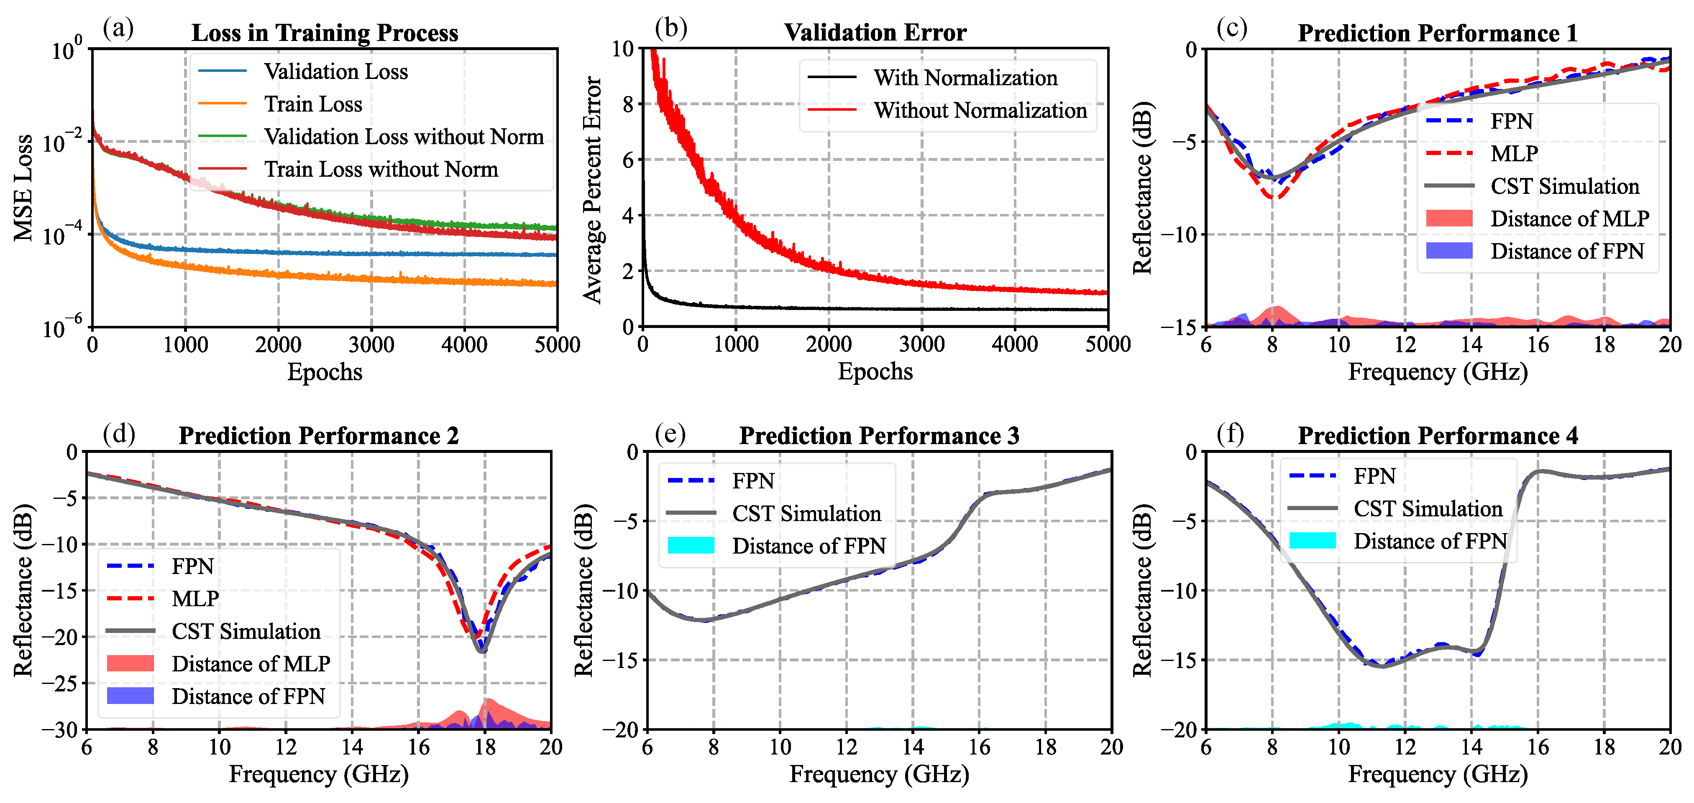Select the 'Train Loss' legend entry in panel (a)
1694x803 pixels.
[312, 104]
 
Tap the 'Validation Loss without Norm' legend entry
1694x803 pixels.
[403, 137]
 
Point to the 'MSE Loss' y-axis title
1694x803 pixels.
[24, 188]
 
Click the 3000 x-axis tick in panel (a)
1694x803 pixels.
[371, 344]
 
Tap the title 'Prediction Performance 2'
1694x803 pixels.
[318, 436]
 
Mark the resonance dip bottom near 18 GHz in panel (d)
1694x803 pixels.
[482, 651]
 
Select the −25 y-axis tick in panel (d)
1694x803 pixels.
[61, 684]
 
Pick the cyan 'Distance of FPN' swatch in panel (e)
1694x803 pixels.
[691, 545]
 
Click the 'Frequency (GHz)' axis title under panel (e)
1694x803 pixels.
[878, 774]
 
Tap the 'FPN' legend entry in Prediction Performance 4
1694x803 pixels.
[1374, 476]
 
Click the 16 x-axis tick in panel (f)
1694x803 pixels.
[1538, 747]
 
